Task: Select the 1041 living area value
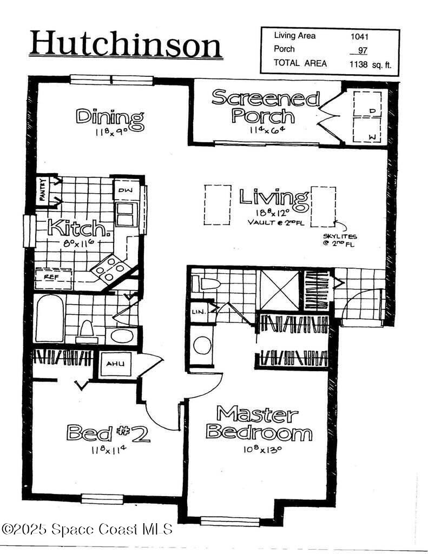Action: pos(360,36)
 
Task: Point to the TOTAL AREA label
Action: pos(300,63)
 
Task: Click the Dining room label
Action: pos(110,117)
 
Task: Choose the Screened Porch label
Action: pos(265,107)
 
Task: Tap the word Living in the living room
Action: pos(274,197)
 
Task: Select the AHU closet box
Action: pos(115,364)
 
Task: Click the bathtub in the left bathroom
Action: pos(49,319)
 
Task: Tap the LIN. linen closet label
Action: pos(197,312)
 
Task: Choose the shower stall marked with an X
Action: pos(279,290)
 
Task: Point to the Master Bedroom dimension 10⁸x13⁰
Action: pos(257,448)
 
